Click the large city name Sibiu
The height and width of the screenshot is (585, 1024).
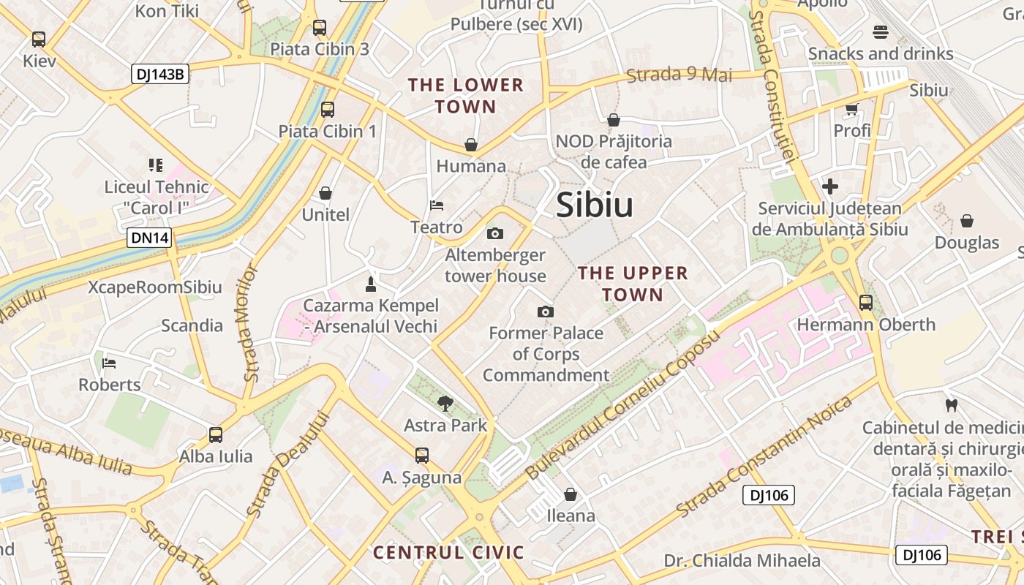pos(595,205)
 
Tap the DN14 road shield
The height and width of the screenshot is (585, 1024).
pos(149,238)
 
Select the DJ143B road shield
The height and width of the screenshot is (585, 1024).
pos(160,74)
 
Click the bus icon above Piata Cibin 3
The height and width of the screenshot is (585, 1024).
pos(320,28)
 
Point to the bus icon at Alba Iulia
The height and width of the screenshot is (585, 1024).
pos(216,435)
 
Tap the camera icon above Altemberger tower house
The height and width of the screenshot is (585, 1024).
pos(495,234)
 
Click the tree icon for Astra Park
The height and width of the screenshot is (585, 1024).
pos(445,403)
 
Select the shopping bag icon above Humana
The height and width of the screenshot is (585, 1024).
pos(471,145)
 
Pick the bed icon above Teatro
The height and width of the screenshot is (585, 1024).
pos(437,205)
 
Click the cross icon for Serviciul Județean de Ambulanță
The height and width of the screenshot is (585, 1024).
pos(830,186)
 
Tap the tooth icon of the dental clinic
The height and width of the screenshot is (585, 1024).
pos(952,404)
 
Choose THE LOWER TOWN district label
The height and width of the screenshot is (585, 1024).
pos(466,96)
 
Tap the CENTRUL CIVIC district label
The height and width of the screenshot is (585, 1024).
pos(449,552)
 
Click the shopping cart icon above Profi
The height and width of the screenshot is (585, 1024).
pos(851,109)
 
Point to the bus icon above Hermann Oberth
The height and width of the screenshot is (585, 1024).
pos(866,302)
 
